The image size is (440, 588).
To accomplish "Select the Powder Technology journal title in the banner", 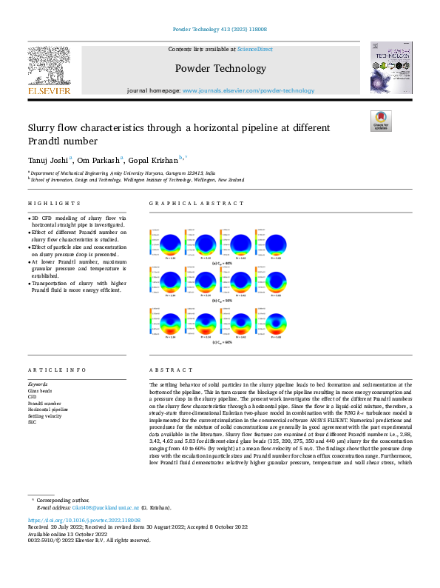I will pos(220,69).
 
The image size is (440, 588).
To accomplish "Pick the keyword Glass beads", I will pos(41,390).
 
